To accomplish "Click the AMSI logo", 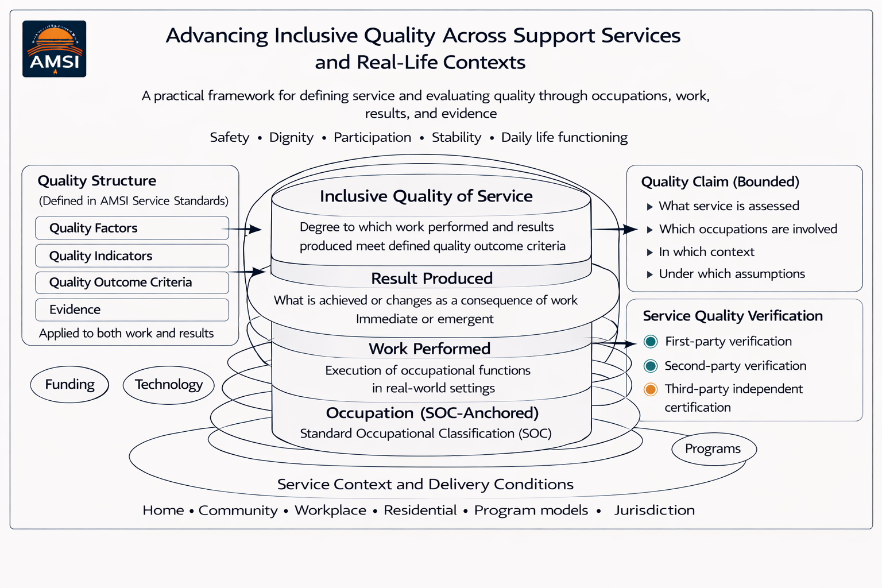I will (x=55, y=49).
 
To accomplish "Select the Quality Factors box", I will (x=132, y=228).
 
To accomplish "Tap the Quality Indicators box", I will (x=132, y=256).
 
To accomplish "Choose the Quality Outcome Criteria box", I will (x=132, y=283).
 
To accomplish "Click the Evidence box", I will (x=132, y=310).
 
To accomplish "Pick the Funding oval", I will (x=69, y=384).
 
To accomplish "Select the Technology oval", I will (x=169, y=385).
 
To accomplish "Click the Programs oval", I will (x=713, y=449).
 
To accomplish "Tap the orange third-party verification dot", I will (x=651, y=389).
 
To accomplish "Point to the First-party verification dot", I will (x=651, y=342).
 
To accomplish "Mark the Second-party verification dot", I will (x=651, y=366).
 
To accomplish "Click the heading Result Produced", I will (x=432, y=278).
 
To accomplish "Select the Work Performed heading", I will (x=430, y=349).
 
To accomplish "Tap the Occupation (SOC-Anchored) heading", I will (x=432, y=413).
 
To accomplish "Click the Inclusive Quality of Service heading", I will (x=426, y=196).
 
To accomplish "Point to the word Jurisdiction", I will (x=655, y=510).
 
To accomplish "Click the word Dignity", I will (x=291, y=138).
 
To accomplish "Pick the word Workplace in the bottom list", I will (x=330, y=510).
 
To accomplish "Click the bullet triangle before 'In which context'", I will (x=650, y=252).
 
